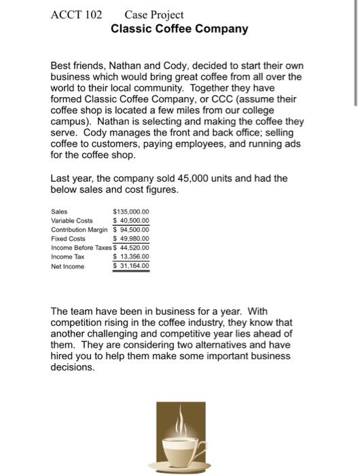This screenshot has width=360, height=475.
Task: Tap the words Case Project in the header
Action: coord(145,14)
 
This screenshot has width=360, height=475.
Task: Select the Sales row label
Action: coord(59,212)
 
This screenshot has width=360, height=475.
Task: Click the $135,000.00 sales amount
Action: coord(130,212)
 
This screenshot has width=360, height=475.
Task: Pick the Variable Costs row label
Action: coord(71,221)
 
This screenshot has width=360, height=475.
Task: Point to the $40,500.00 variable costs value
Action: coord(130,221)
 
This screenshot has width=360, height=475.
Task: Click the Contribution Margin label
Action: coord(79,229)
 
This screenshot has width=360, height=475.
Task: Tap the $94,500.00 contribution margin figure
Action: coord(130,229)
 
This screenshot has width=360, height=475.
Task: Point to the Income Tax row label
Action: coord(67,257)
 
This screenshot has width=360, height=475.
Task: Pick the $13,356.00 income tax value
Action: coord(130,257)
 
